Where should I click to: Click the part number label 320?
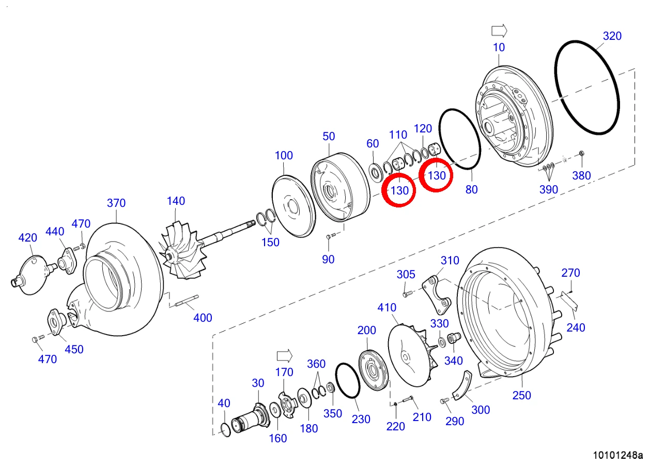click(612, 36)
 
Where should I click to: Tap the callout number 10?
click(499, 47)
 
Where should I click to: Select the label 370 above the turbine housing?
click(116, 203)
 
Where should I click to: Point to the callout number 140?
click(176, 201)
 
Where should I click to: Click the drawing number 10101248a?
click(617, 455)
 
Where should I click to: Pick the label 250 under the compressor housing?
click(521, 395)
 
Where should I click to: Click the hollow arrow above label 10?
click(499, 31)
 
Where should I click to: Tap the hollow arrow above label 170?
click(285, 356)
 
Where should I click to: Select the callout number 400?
click(203, 318)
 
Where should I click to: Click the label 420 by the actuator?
click(27, 238)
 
